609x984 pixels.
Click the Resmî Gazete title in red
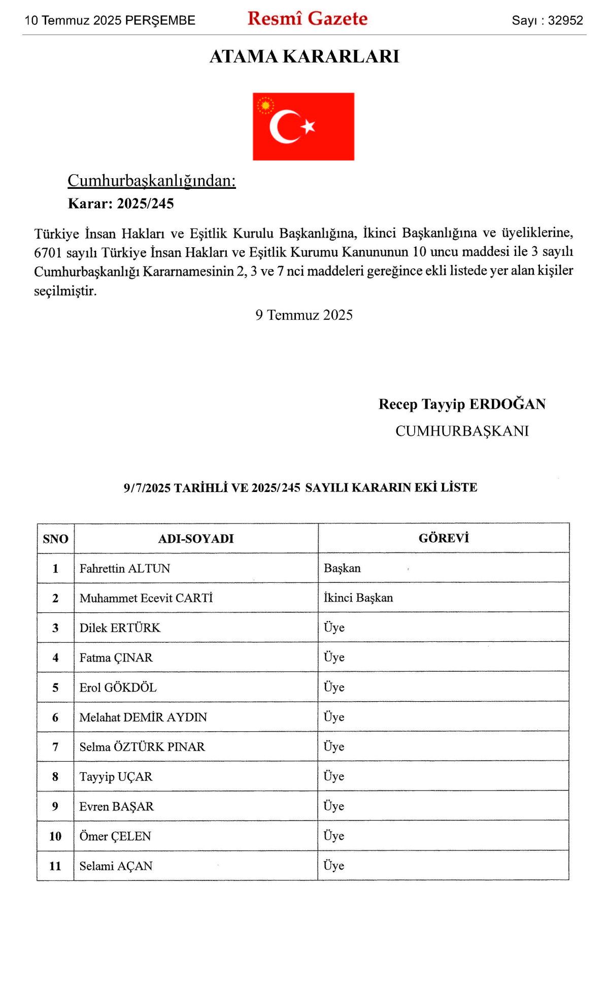coord(308,19)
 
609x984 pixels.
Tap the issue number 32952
coord(565,20)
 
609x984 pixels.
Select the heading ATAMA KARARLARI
coord(304,56)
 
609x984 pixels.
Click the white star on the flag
coord(308,126)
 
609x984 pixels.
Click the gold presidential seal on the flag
coord(265,106)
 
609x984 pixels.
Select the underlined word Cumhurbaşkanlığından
coord(152,181)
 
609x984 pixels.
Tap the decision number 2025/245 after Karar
coord(145,204)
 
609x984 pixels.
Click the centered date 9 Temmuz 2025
coord(304,315)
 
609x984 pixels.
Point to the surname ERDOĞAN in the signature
coord(507,404)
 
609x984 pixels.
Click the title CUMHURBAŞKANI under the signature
coord(462,431)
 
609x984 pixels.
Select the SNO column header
coord(55,539)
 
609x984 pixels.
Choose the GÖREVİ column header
coord(444,538)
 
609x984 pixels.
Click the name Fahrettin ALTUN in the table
coord(125,569)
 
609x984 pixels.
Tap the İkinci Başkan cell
coord(358,598)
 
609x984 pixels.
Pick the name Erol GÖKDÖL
coord(118,687)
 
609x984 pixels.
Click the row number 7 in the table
coord(55,747)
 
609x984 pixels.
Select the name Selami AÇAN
coord(116,866)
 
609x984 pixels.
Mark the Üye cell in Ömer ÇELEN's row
coord(334,836)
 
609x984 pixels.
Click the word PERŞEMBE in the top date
coord(160,20)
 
